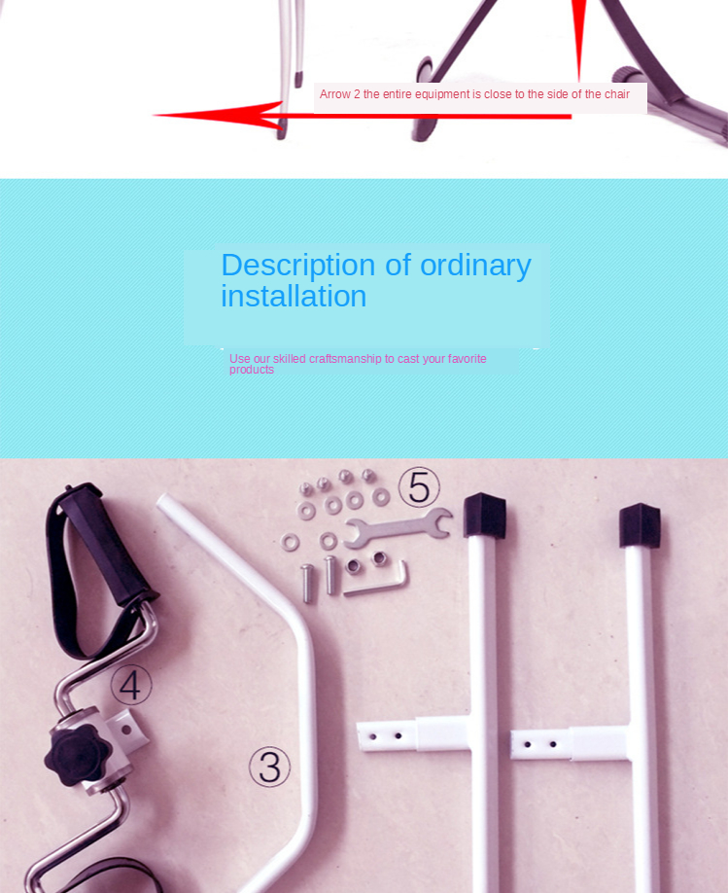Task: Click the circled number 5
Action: [x=419, y=487]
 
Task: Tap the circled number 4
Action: [x=131, y=685]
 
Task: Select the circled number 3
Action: [x=270, y=768]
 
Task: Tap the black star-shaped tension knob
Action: [x=74, y=756]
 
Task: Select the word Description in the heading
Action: [x=298, y=266]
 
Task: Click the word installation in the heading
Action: [x=294, y=296]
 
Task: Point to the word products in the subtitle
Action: [x=252, y=370]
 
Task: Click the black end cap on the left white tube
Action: [x=484, y=516]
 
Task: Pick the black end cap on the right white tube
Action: [x=640, y=524]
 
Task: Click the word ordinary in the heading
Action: [x=475, y=266]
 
